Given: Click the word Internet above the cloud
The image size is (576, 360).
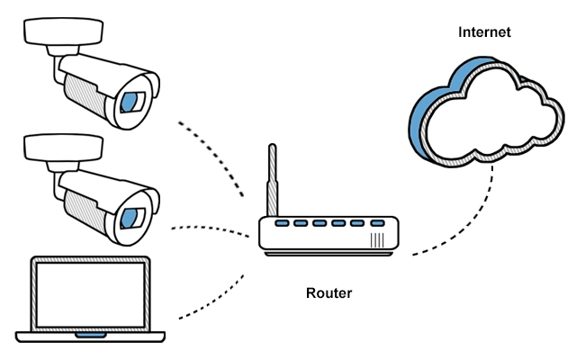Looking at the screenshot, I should click(484, 32).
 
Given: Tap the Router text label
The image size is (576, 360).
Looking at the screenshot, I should click(329, 293).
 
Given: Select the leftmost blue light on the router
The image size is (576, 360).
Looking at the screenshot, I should click(283, 223).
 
